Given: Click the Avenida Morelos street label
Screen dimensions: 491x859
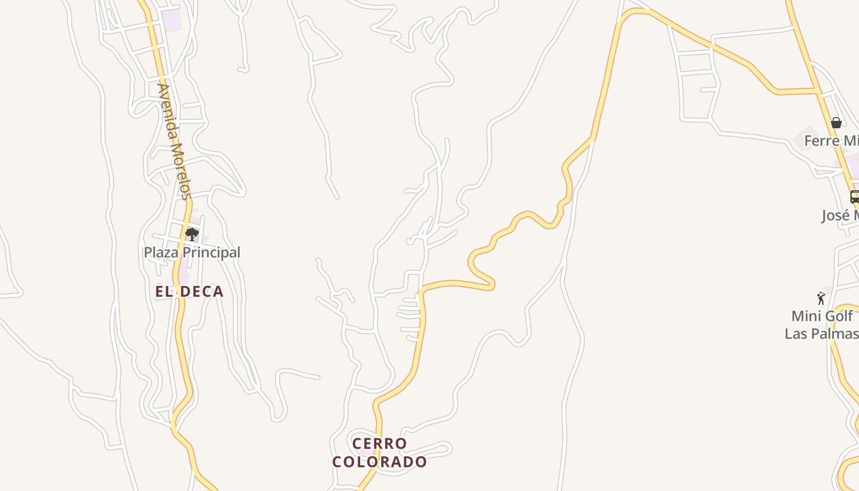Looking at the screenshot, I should point(174,141).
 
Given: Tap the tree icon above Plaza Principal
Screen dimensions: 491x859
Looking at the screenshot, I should point(191,234).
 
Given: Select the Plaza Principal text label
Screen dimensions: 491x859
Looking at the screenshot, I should point(191,252).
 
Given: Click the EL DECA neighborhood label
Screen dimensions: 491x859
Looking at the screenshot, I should point(189,292).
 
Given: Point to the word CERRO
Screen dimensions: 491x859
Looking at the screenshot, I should point(379,443).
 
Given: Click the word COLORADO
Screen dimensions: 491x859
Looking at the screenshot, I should point(379,462).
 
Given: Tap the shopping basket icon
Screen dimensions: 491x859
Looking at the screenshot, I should point(836,123).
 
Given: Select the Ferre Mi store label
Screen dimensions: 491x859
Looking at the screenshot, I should point(831,141).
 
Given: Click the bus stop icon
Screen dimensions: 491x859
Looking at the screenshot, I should point(854,197).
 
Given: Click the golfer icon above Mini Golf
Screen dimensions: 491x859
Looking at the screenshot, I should point(821,298).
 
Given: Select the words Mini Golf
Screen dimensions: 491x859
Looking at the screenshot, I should point(822,316).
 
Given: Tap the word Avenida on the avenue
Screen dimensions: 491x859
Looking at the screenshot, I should point(167,110).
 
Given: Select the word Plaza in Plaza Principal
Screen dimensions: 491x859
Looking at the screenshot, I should point(158,252).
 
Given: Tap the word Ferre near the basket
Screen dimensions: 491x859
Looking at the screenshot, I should point(821,141).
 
